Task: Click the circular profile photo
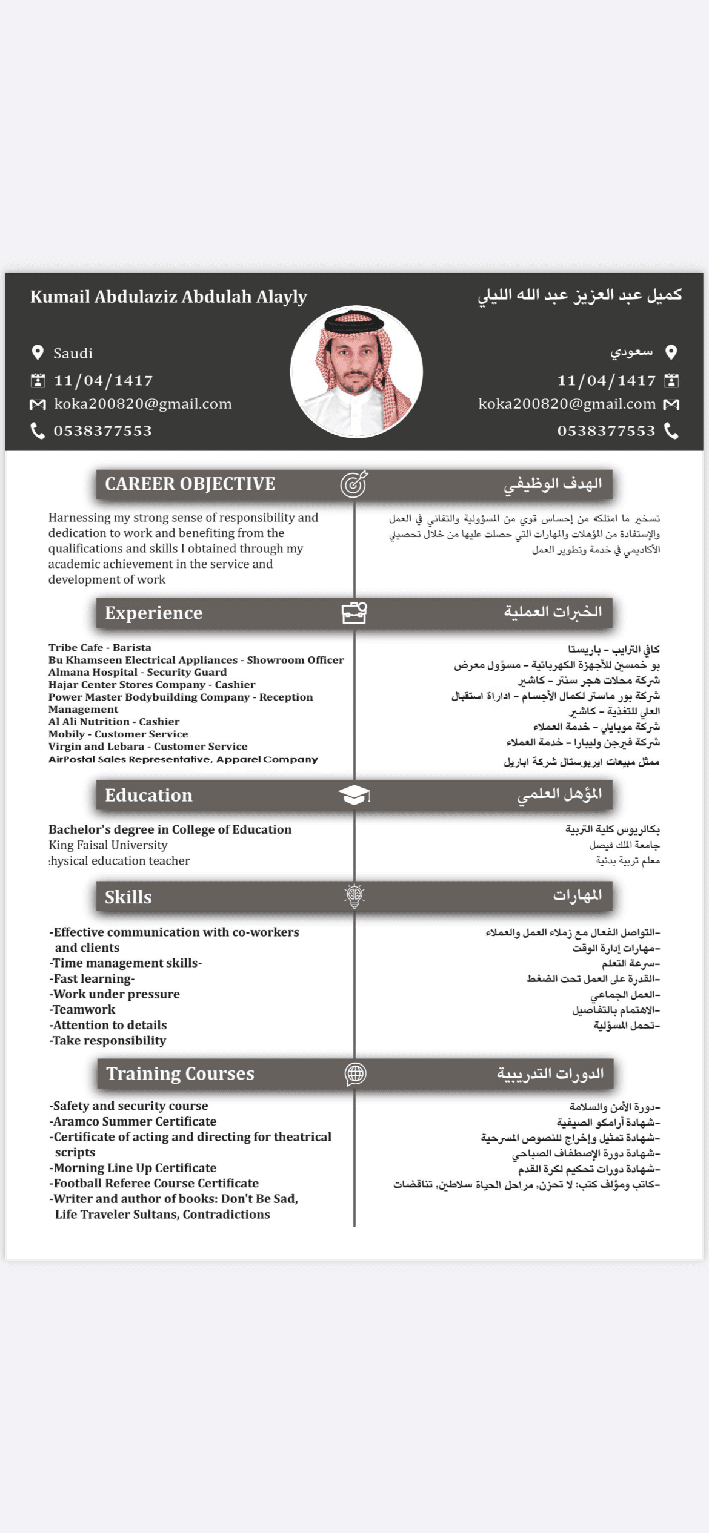[x=356, y=372]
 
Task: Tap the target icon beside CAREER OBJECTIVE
[x=354, y=484]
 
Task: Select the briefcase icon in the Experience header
[x=354, y=613]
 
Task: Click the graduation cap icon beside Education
[x=354, y=795]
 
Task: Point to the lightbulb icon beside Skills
[x=354, y=896]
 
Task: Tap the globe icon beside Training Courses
[x=355, y=1073]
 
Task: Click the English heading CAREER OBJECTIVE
[x=190, y=484]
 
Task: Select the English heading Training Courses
[x=180, y=1073]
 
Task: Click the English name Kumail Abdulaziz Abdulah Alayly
[x=168, y=297]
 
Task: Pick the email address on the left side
[x=142, y=404]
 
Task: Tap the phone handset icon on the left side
[x=38, y=430]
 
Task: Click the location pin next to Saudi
[x=38, y=352]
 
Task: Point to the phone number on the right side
[x=606, y=430]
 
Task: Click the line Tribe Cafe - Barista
[x=100, y=647]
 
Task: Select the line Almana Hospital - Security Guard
[x=138, y=672]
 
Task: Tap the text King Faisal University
[x=108, y=845]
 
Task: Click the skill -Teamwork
[x=82, y=1009]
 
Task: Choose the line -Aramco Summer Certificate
[x=133, y=1121]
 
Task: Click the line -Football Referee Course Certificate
[x=154, y=1183]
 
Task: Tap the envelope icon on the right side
[x=671, y=404]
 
